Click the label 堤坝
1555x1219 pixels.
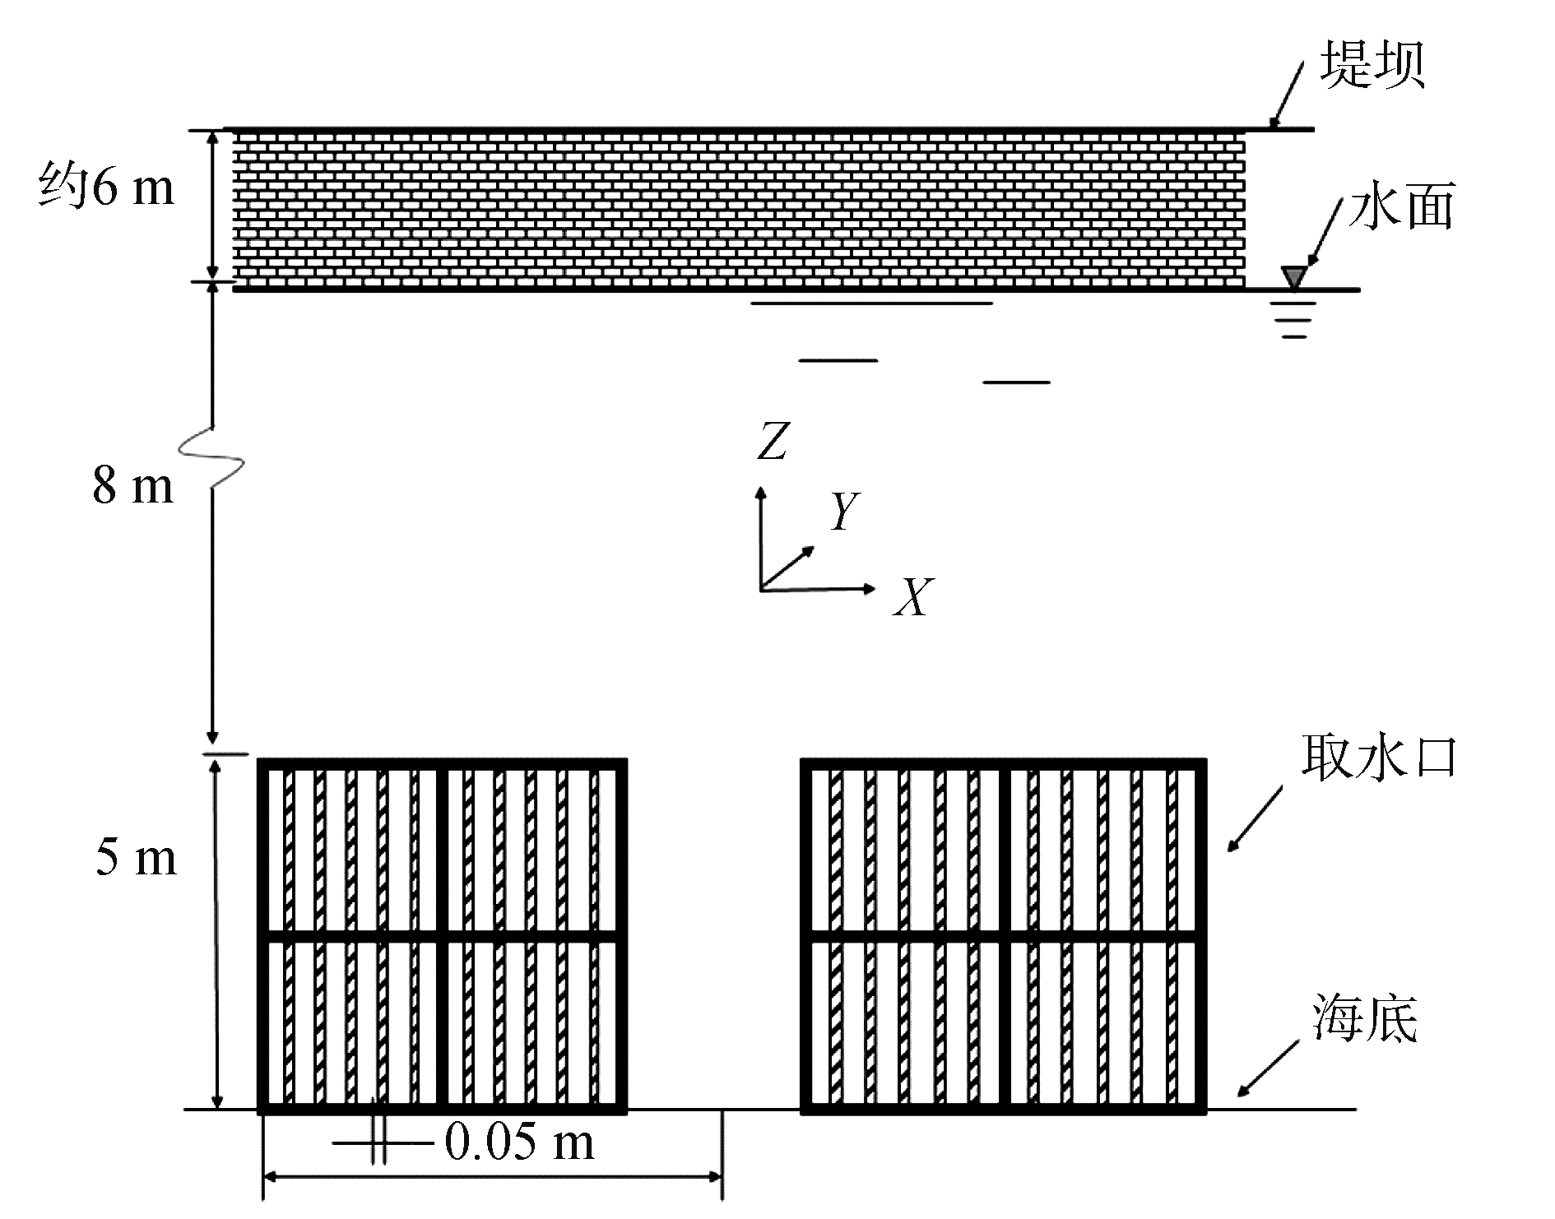tap(1372, 66)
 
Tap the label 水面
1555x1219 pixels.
tap(1400, 206)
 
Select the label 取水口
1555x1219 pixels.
tap(1379, 758)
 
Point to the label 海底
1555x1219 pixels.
tap(1365, 1019)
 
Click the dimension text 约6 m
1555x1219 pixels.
tap(107, 188)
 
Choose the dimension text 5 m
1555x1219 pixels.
tap(136, 858)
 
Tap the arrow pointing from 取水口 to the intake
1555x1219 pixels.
tap(1256, 819)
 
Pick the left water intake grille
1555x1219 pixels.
tap(443, 935)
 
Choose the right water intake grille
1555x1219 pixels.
tap(1004, 935)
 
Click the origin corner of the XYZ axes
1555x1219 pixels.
tap(761, 588)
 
